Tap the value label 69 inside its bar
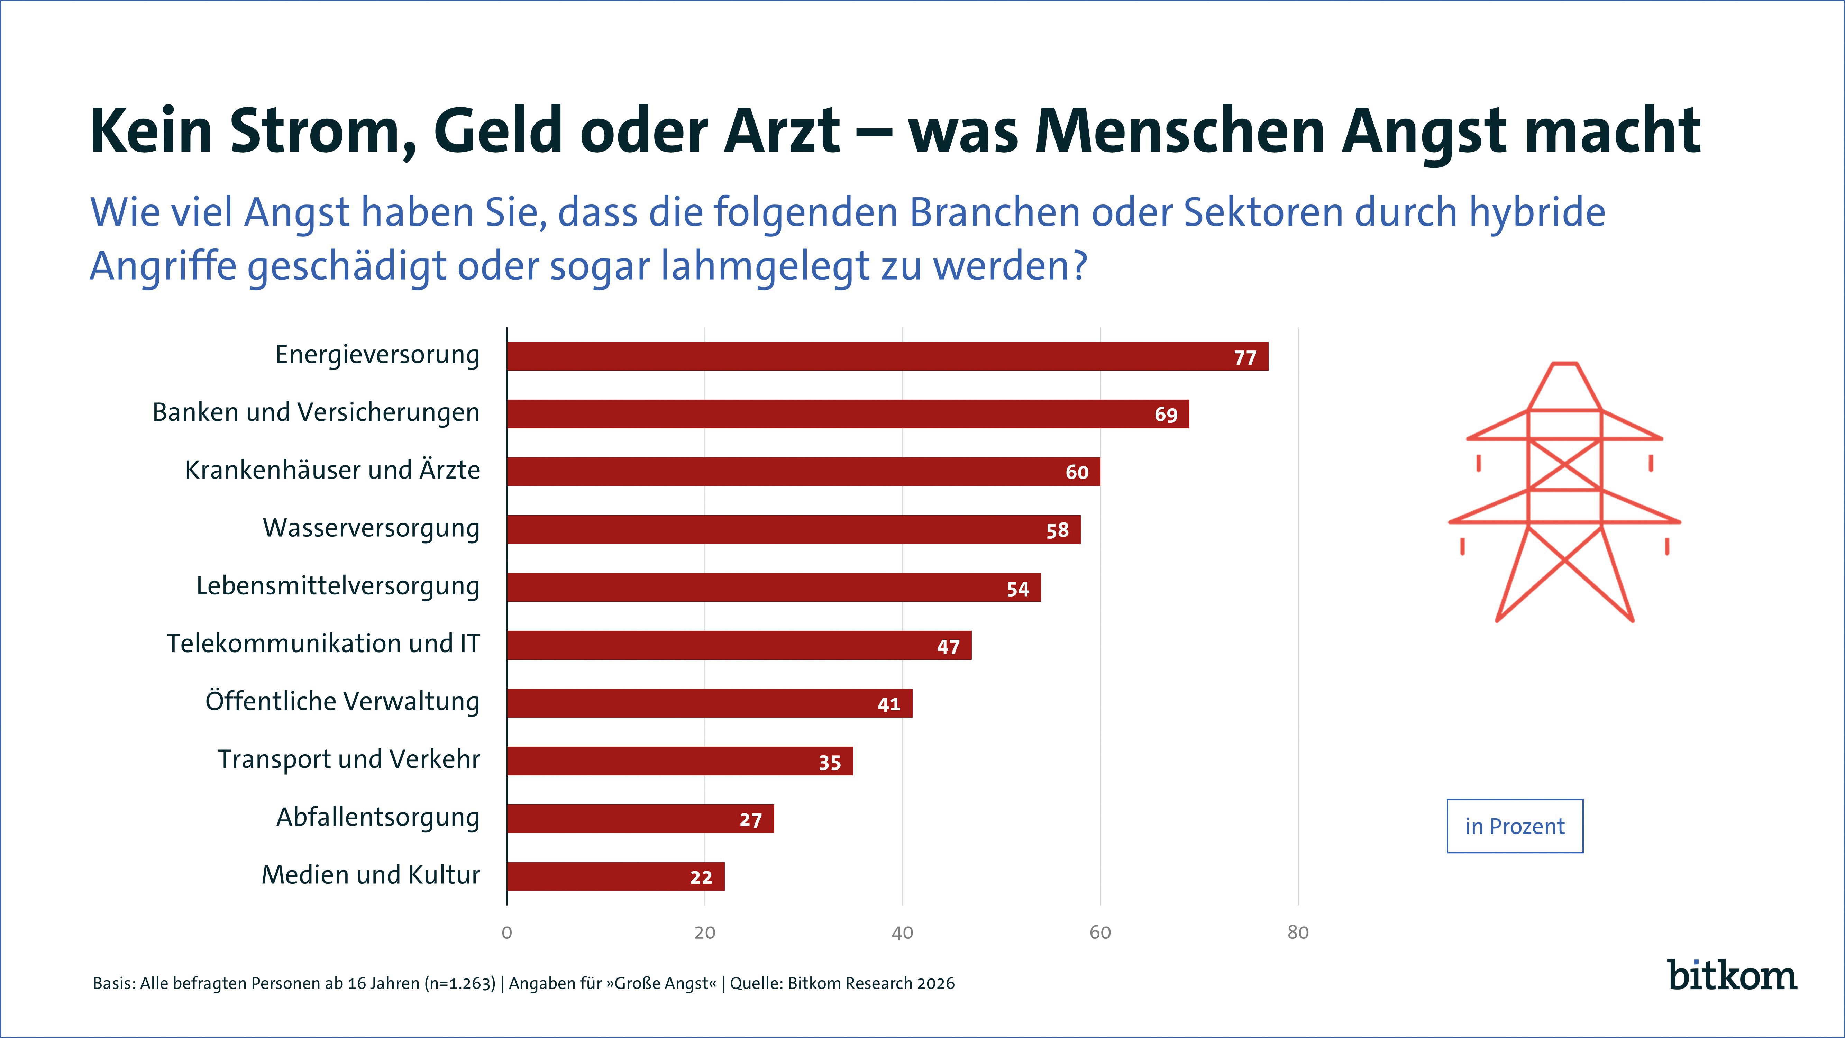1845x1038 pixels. (x=1165, y=415)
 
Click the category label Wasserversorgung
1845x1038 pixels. (x=371, y=528)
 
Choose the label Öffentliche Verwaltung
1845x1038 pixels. (x=342, y=701)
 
